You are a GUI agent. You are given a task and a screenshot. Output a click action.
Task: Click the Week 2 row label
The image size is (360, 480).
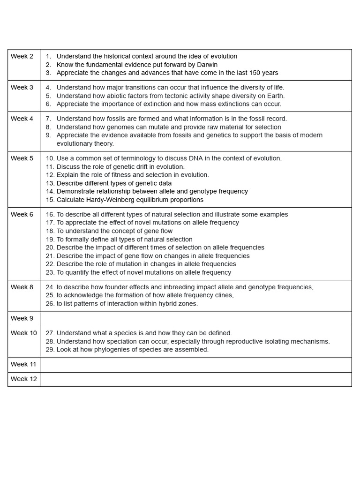point(22,56)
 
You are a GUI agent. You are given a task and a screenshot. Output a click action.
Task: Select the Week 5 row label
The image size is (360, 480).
point(22,158)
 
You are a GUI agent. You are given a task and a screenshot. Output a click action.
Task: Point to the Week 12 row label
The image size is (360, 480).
point(23,379)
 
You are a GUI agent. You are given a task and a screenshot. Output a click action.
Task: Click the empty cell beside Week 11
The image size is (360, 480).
point(196,364)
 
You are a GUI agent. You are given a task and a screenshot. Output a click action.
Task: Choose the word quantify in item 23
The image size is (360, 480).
point(77,272)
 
